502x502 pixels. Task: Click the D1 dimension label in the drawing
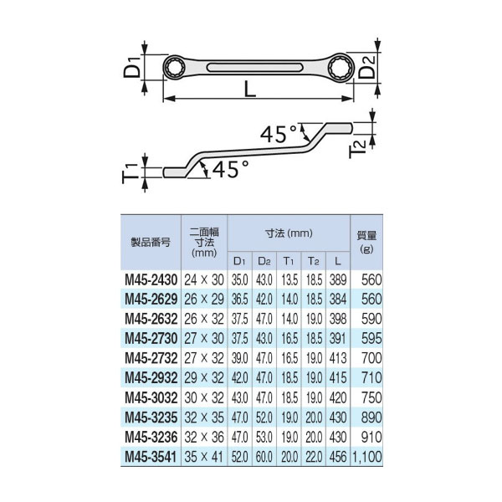(132, 67)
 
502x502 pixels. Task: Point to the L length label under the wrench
(250, 89)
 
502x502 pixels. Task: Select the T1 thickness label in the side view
(130, 173)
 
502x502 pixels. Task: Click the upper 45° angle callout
(279, 134)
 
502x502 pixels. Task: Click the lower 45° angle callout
(230, 169)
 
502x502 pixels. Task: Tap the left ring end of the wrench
(174, 68)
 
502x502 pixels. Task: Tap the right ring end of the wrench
(341, 68)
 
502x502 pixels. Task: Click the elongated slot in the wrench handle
(255, 68)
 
